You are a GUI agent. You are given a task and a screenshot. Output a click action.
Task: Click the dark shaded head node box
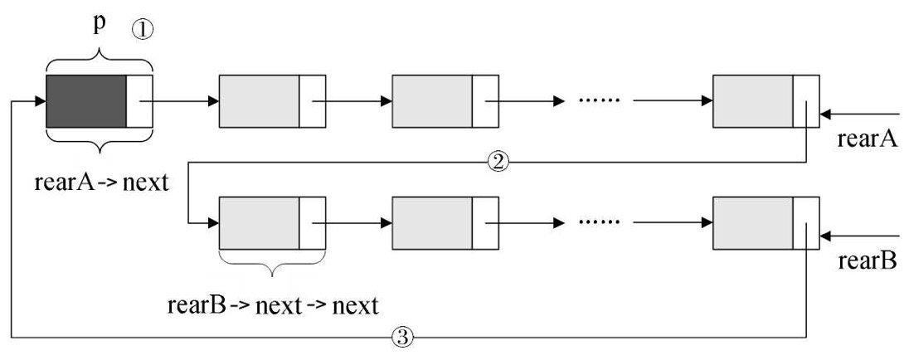coord(86,101)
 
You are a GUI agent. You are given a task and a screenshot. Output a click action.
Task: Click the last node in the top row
coord(766,101)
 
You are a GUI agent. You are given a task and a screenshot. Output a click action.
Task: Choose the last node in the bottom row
coord(766,223)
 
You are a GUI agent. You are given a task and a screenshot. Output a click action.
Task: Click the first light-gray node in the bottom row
coord(259,223)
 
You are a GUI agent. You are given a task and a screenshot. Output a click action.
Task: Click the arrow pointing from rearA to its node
coord(859,114)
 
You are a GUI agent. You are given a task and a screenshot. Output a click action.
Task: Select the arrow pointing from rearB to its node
coord(859,236)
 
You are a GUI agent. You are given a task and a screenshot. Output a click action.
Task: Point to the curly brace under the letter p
coord(100,60)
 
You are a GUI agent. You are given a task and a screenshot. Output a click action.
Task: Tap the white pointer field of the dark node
coord(139,101)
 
